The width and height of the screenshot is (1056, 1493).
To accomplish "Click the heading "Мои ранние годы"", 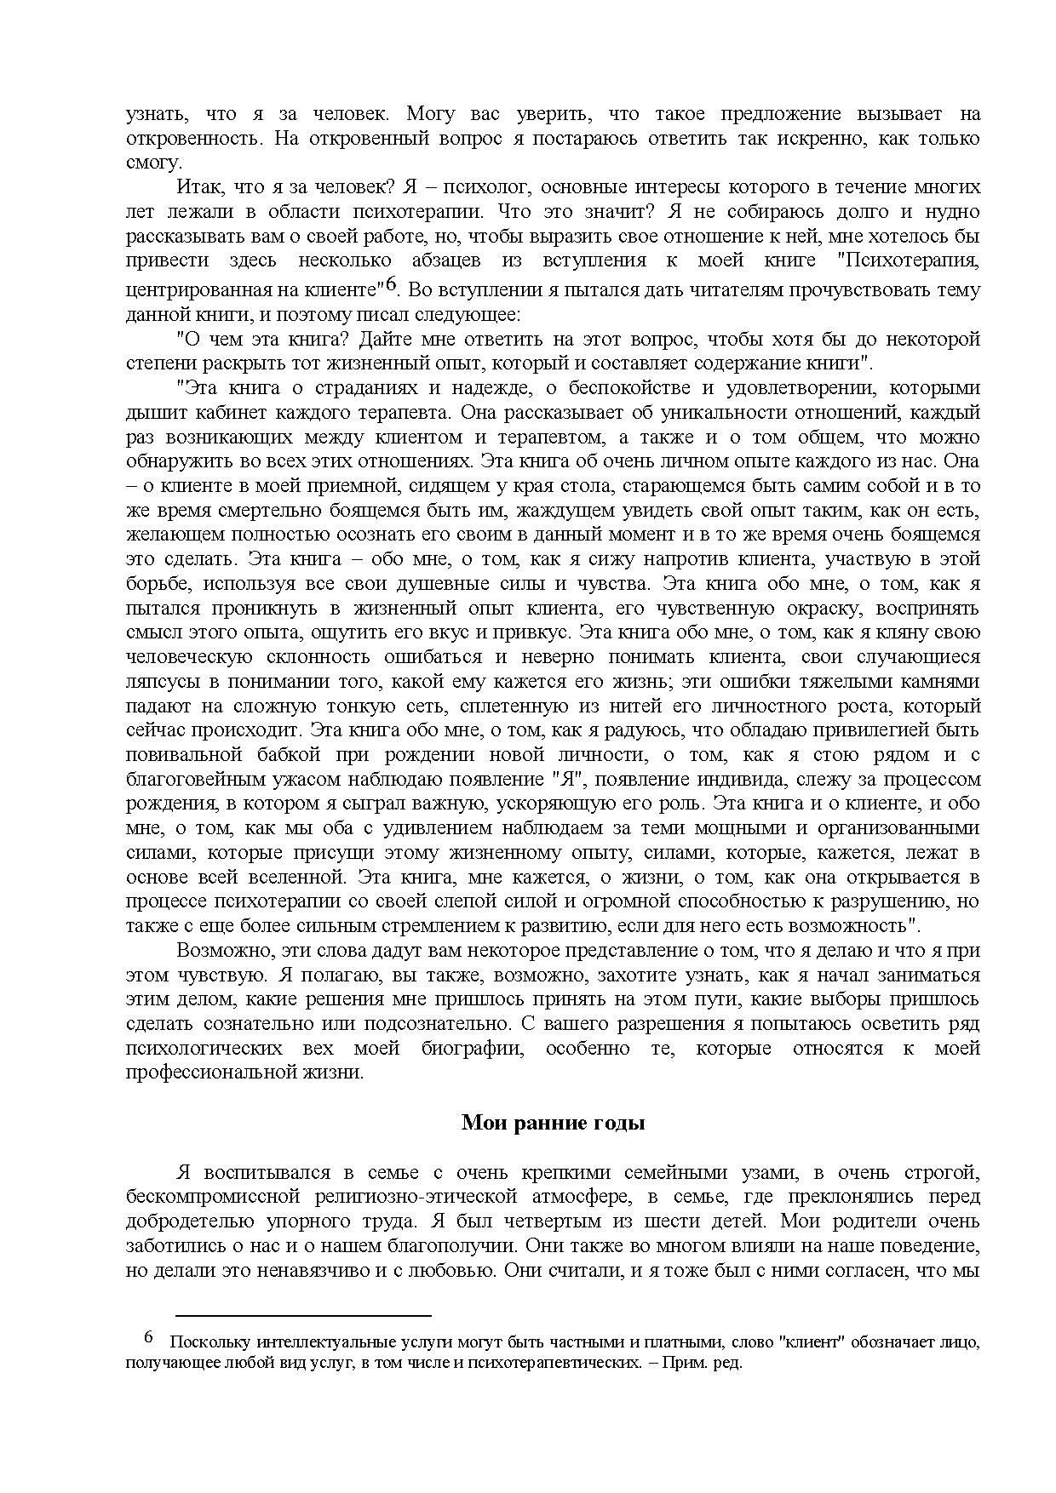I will click(x=553, y=1123).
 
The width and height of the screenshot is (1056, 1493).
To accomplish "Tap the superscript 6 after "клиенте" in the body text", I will click(x=392, y=283).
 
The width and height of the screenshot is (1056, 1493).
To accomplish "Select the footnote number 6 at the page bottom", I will click(x=148, y=1337).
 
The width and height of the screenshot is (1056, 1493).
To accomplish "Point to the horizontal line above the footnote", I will click(x=304, y=1315).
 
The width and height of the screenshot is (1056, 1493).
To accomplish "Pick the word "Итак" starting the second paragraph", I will click(x=197, y=186).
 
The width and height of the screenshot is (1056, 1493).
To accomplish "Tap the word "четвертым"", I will click(x=526, y=1221).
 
